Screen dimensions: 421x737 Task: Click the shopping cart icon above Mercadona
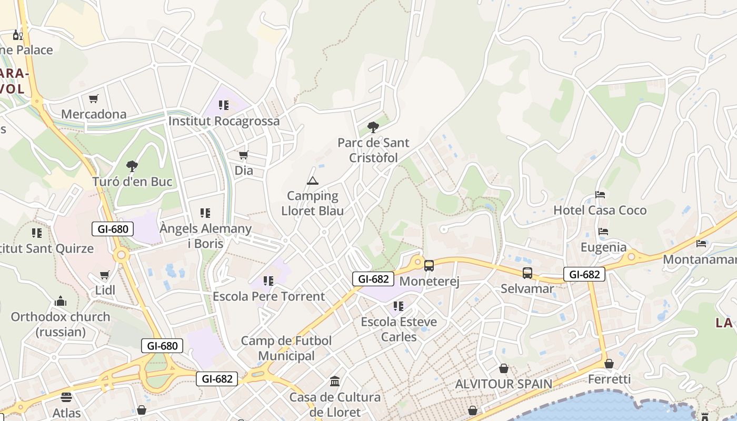pos(94,98)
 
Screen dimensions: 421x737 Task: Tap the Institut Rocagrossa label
pos(224,121)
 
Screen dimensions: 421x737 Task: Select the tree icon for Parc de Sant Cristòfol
pos(373,127)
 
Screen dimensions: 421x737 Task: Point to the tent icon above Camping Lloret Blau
pos(313,181)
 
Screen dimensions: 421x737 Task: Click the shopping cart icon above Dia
pos(243,155)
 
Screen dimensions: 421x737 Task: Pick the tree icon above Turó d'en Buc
pos(132,166)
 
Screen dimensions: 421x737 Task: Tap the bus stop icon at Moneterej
pos(429,266)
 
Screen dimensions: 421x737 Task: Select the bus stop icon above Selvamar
pos(527,273)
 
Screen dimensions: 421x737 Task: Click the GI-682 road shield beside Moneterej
pos(373,279)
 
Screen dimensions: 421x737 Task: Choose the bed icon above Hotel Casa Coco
pos(600,195)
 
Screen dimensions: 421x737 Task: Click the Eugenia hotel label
pos(603,247)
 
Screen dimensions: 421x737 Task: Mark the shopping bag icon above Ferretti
pos(609,364)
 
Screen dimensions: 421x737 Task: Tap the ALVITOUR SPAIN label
pos(503,384)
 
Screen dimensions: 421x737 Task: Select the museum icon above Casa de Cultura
pos(335,381)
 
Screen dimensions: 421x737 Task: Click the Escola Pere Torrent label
pos(268,296)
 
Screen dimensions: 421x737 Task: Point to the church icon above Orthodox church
pos(61,301)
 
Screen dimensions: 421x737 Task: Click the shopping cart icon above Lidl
pos(105,275)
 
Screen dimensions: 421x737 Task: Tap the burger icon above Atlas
pos(66,397)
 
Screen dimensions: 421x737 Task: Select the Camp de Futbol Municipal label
pos(286,348)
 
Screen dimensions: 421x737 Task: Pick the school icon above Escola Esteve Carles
pos(399,306)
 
